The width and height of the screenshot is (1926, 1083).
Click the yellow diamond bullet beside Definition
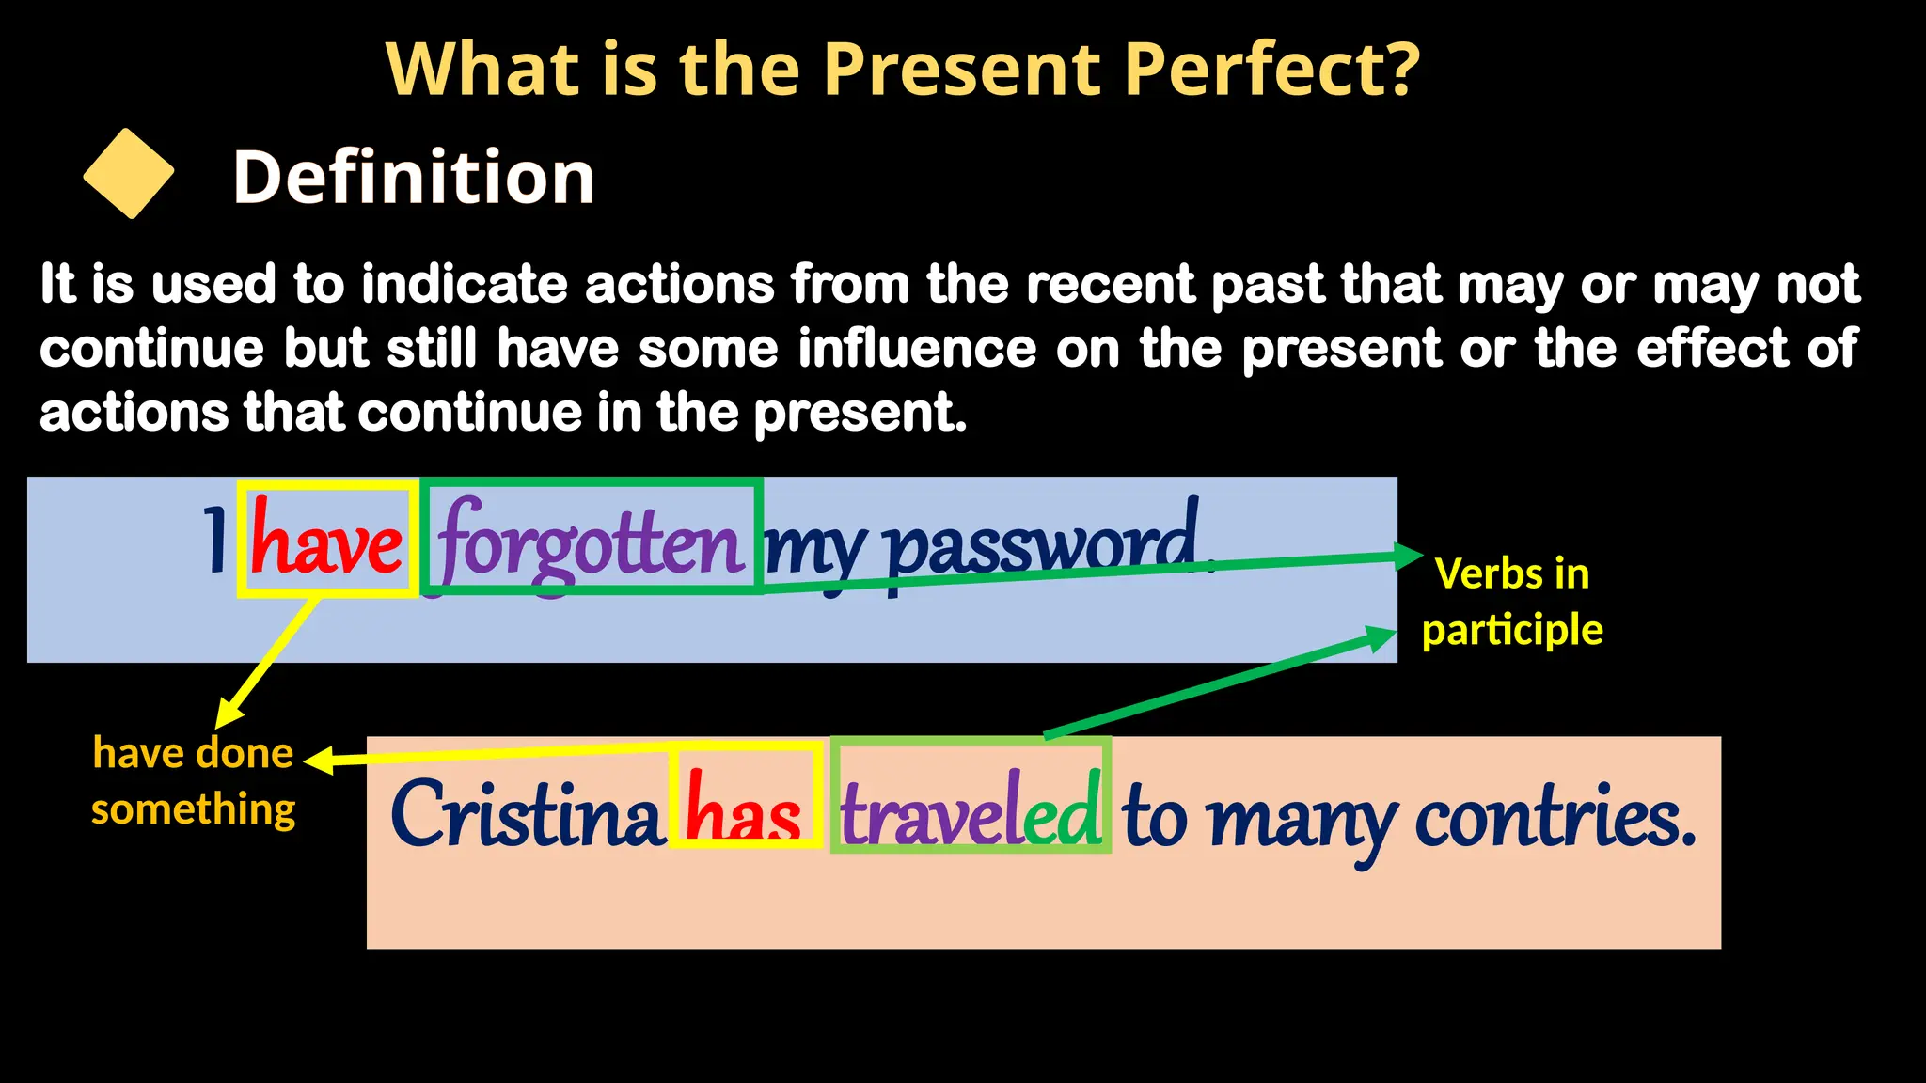pos(129,174)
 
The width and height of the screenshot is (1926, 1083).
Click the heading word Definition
pos(414,177)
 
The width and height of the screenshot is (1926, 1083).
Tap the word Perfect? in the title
pos(1271,70)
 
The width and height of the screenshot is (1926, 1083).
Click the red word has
pos(744,808)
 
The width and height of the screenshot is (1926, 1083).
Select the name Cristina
pos(527,814)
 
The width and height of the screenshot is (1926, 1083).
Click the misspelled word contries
pos(1555,814)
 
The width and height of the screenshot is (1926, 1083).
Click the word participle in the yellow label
pos(1512,630)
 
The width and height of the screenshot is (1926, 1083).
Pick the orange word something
pos(193,808)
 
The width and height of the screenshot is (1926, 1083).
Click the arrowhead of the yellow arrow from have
pos(227,714)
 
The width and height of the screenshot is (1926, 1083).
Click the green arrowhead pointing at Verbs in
pos(1408,556)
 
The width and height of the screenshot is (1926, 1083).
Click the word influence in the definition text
pos(917,349)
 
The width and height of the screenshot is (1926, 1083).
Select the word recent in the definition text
pos(1111,284)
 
